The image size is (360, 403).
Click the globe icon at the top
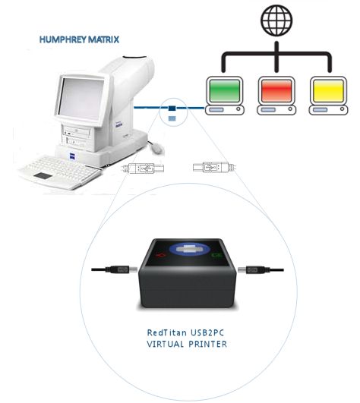[276, 20]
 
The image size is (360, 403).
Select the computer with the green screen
[225, 96]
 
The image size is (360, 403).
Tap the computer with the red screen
[276, 96]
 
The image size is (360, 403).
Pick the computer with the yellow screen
[328, 96]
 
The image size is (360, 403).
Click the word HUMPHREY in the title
[63, 39]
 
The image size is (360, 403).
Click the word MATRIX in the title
[103, 39]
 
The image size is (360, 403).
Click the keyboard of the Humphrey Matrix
[61, 172]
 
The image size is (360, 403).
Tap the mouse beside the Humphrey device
[157, 148]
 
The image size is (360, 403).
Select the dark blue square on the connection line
[172, 108]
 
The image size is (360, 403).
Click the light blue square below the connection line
[172, 118]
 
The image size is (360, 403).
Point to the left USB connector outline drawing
[143, 168]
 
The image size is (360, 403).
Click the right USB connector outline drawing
[214, 167]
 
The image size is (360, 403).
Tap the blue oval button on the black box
[190, 249]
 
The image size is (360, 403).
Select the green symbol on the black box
[216, 255]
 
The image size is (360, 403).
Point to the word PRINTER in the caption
[208, 344]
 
